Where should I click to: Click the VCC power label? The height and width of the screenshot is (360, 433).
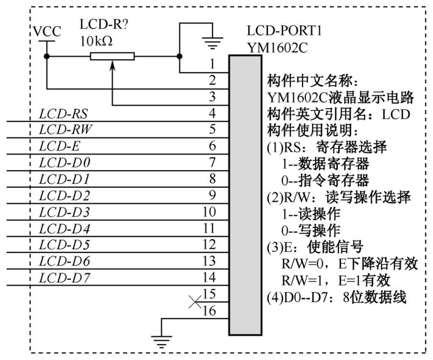coord(47,32)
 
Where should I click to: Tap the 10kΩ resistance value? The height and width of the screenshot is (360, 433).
coord(97,41)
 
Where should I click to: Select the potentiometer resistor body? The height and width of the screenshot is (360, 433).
coord(112,57)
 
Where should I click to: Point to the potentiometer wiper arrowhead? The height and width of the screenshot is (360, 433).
coord(112,65)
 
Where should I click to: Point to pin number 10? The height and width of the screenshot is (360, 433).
coord(209,211)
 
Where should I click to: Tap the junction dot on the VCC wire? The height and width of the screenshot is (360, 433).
coord(47,57)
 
